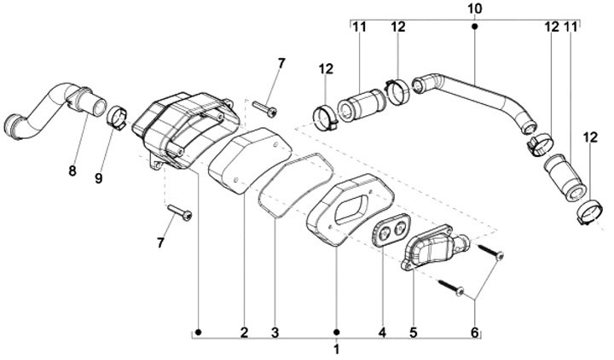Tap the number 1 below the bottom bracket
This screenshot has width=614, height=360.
point(336,349)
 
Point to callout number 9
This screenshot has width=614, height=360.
point(98,177)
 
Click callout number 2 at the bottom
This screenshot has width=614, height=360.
point(244,332)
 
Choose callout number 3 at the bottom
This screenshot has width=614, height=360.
point(275,332)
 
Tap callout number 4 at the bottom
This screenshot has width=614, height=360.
point(382,332)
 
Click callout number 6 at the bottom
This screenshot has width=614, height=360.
point(476,332)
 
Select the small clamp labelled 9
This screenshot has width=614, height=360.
point(117,116)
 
